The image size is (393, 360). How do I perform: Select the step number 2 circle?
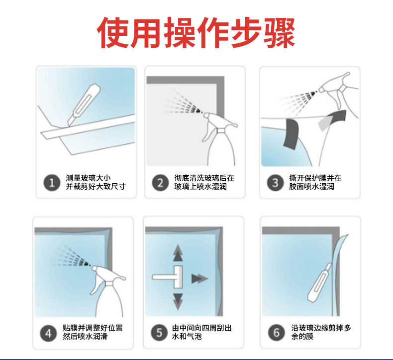(x=160, y=183)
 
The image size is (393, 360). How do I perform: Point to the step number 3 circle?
(x=275, y=183)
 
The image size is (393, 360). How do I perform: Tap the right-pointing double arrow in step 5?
(x=199, y=278)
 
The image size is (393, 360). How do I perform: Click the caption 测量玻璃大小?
(x=88, y=178)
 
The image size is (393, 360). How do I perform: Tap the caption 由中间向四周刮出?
(x=202, y=328)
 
